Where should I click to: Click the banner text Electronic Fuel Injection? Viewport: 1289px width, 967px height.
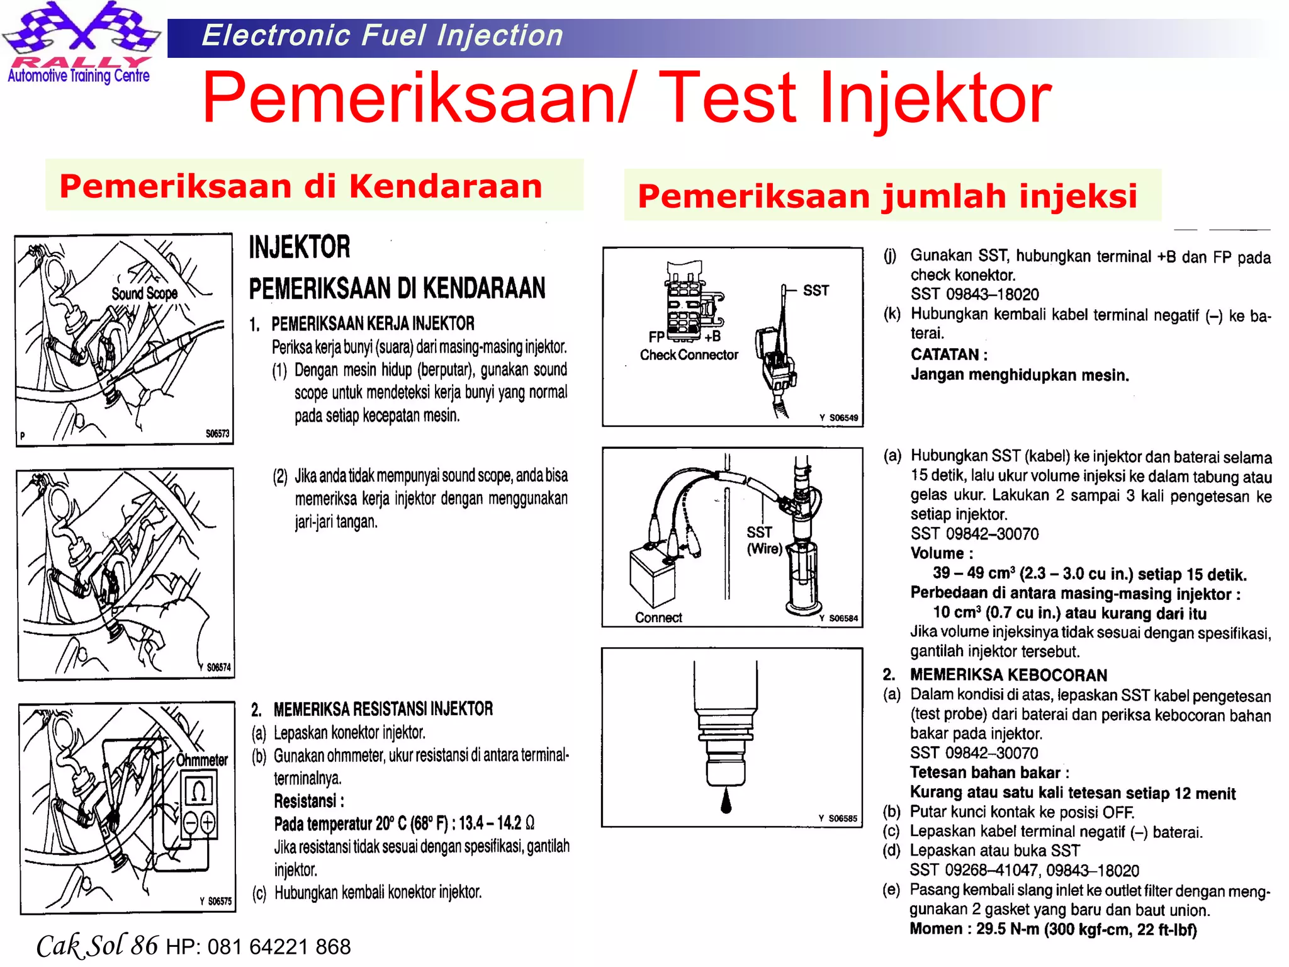pyautogui.click(x=382, y=36)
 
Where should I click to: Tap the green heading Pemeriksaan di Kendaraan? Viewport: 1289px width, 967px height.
pyautogui.click(x=301, y=186)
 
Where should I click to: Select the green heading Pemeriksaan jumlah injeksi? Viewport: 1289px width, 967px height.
pyautogui.click(x=887, y=196)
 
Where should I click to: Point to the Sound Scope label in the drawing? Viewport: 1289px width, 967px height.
pyautogui.click(x=144, y=293)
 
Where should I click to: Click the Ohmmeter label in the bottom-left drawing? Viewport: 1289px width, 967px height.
pyautogui.click(x=201, y=760)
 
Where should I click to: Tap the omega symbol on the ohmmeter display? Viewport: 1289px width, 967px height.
pyautogui.click(x=199, y=791)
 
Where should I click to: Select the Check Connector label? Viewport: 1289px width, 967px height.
pyautogui.click(x=689, y=355)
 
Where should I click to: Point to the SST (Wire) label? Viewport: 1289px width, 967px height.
pyautogui.click(x=763, y=541)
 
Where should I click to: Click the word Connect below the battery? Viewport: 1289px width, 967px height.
pyautogui.click(x=658, y=618)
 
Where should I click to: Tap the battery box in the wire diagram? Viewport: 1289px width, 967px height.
pyautogui.click(x=653, y=575)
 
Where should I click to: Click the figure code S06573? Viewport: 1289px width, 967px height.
pyautogui.click(x=217, y=434)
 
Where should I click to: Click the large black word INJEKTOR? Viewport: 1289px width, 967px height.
pyautogui.click(x=300, y=247)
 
